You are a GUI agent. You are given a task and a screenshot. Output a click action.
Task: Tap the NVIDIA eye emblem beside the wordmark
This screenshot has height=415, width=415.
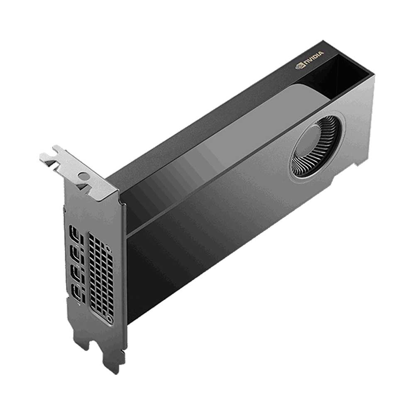click(299, 66)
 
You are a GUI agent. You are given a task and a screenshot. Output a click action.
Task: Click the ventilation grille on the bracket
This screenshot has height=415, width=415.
click(100, 273)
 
